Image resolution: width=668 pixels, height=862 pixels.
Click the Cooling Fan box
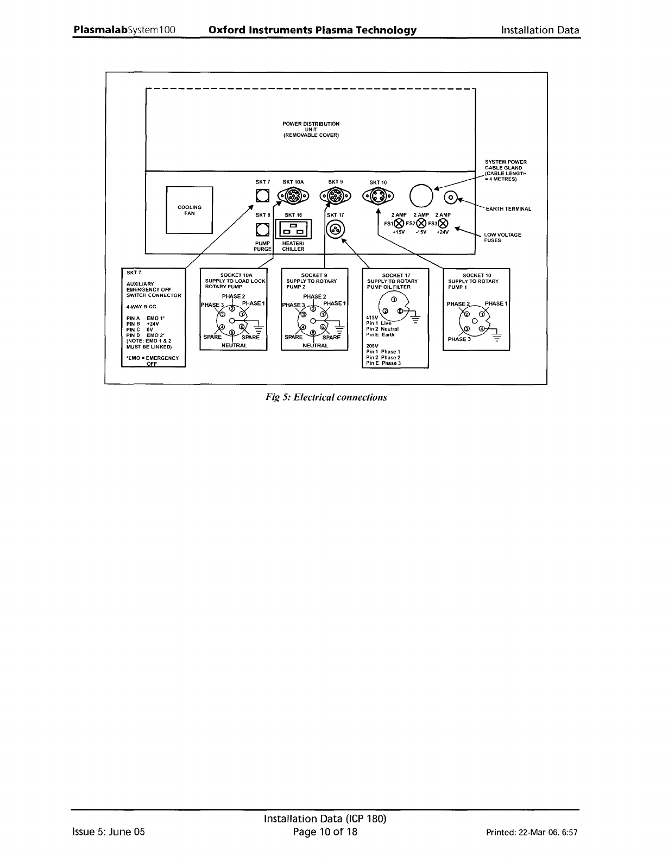tap(189, 210)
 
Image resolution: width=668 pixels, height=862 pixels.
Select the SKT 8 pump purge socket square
tap(263, 229)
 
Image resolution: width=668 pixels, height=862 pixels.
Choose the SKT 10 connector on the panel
tap(378, 197)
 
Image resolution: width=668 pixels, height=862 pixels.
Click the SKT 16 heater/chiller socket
tap(293, 230)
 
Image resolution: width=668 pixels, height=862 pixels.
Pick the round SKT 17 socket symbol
tap(336, 230)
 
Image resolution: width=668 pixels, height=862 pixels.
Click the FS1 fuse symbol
tap(399, 224)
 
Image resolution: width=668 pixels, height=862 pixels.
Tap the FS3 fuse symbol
tap(444, 224)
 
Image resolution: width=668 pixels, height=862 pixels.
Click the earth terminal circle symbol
tap(451, 198)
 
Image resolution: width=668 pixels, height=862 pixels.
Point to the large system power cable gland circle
tap(421, 196)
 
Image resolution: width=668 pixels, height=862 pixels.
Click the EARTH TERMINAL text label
tap(508, 208)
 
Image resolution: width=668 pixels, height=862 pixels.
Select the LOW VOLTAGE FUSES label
tap(502, 237)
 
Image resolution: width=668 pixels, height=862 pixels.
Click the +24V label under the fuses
tap(443, 232)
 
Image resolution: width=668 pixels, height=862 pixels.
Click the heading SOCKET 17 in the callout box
tap(396, 275)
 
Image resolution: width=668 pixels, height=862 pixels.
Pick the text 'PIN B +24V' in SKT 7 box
tap(141, 323)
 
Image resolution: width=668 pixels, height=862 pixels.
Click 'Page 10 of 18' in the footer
tap(325, 832)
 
